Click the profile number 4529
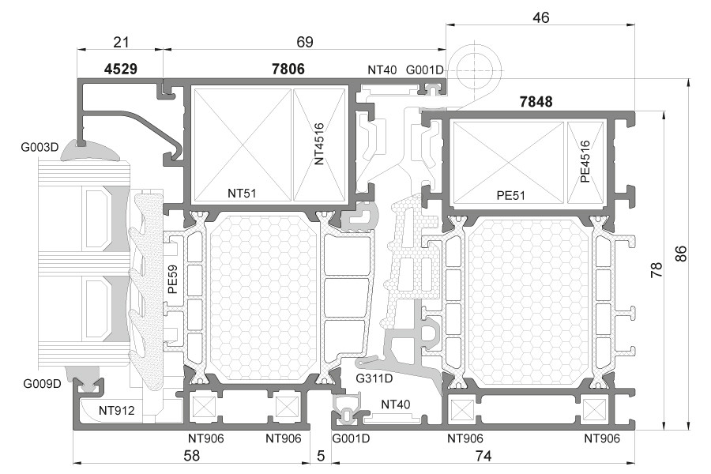pos(121,70)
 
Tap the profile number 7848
pos(536,101)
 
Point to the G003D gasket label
pos(41,147)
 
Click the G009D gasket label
pos(41,385)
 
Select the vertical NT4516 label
pos(319,143)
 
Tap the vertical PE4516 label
pos(585,161)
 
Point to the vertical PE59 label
pos(173,280)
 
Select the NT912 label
pos(117,410)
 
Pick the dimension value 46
pos(540,17)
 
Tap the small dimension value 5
pos(320,456)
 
